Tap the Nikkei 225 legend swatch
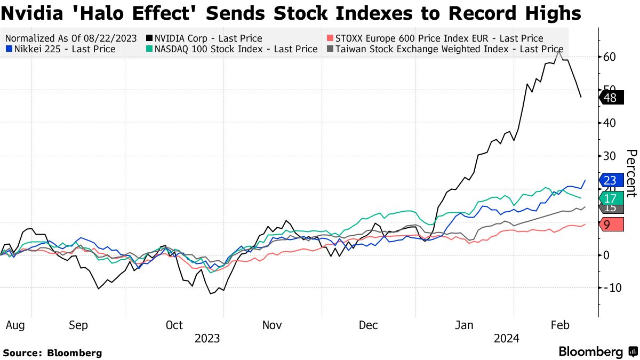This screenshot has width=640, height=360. click(8, 49)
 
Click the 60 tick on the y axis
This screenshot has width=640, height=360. click(611, 57)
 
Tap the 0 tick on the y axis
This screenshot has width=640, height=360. click(606, 255)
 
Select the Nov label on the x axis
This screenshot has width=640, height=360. click(272, 325)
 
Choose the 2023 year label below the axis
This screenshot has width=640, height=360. click(207, 339)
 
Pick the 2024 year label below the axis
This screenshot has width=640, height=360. click(507, 339)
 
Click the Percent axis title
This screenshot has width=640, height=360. click(631, 173)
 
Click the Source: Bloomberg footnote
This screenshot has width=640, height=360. click(52, 353)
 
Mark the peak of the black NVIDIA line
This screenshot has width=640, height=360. click(558, 51)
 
